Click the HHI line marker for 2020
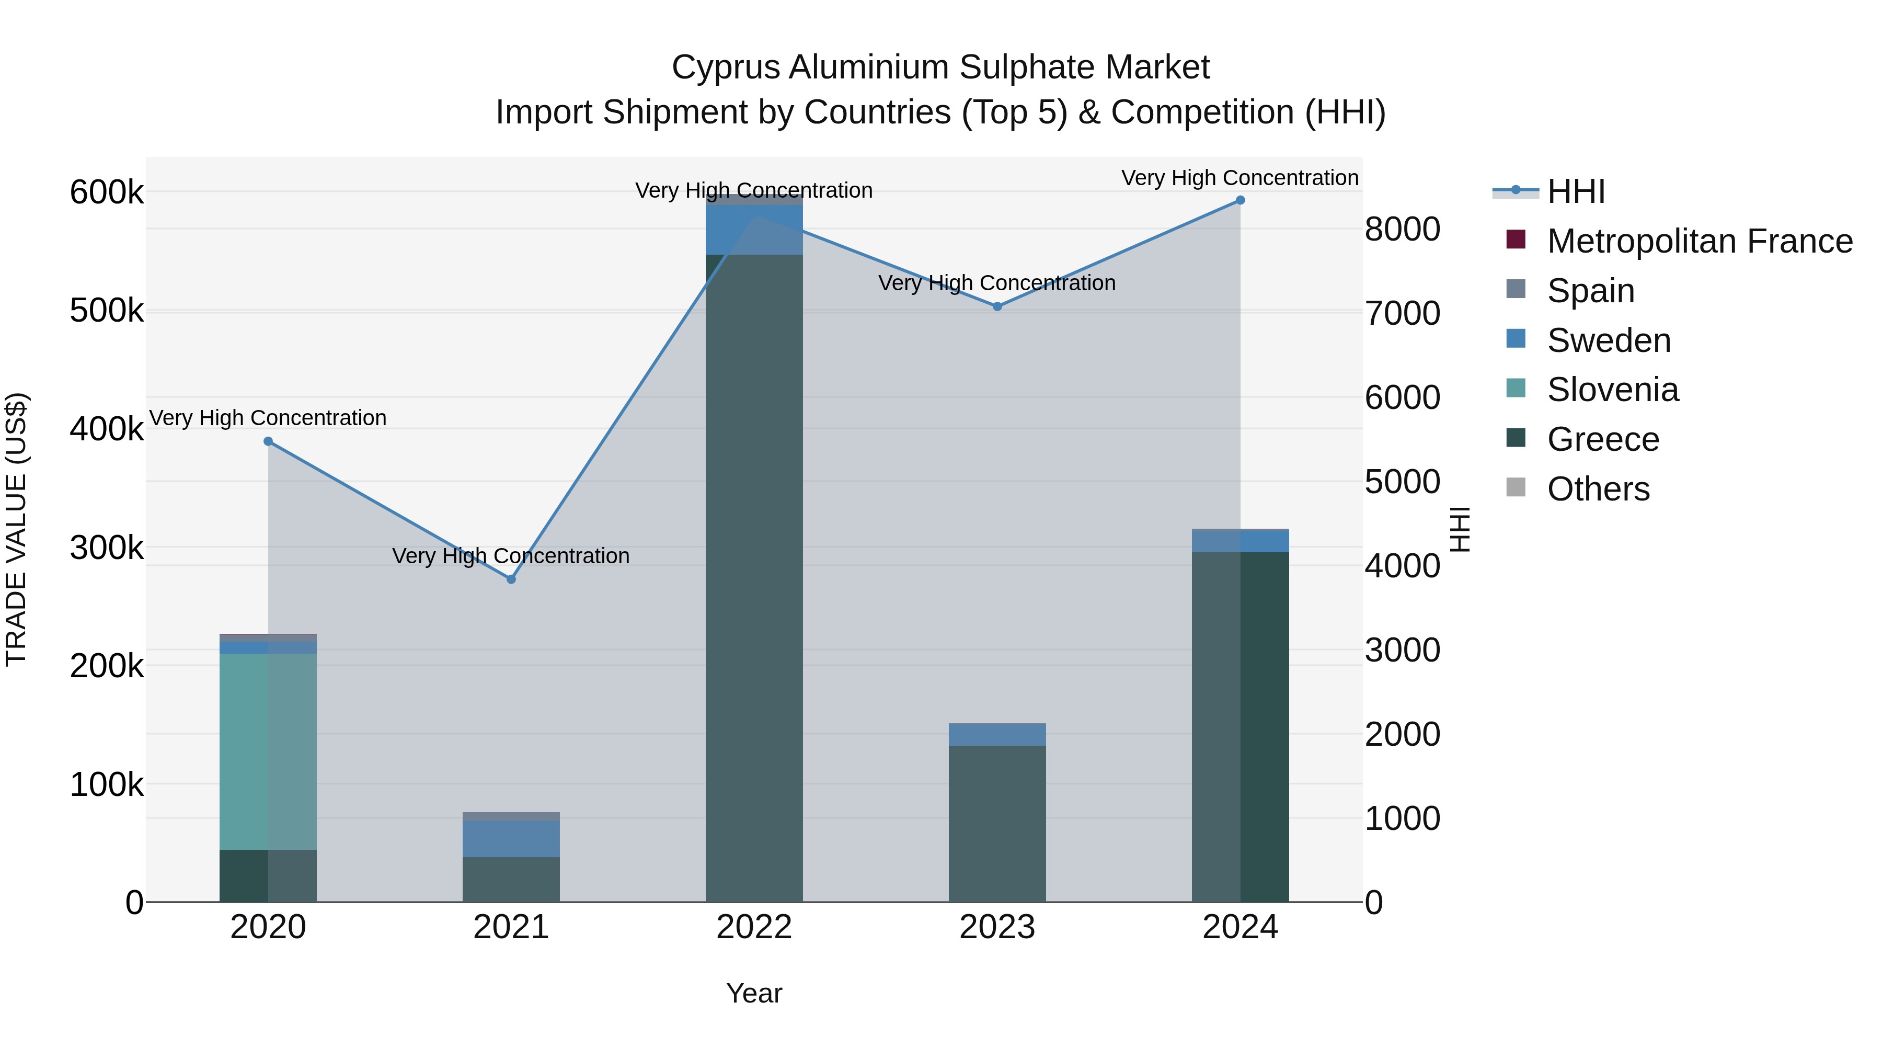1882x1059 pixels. [x=268, y=441]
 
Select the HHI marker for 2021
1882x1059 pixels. [x=511, y=579]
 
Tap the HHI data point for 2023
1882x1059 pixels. [x=997, y=307]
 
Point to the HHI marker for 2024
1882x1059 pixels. [x=1241, y=200]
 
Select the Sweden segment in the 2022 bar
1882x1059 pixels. [x=754, y=230]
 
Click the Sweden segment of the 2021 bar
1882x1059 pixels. [x=511, y=838]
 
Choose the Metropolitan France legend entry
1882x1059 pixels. [x=1700, y=241]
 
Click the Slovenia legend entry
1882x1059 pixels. [x=1612, y=390]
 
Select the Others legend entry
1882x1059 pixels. [x=1598, y=489]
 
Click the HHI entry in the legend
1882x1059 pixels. [x=1575, y=191]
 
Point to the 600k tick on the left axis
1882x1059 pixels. [x=107, y=193]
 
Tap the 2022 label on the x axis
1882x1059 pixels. [x=754, y=927]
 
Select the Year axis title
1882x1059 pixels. [x=754, y=993]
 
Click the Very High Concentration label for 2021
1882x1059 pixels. [x=511, y=556]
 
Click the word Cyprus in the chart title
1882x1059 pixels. [x=726, y=67]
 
